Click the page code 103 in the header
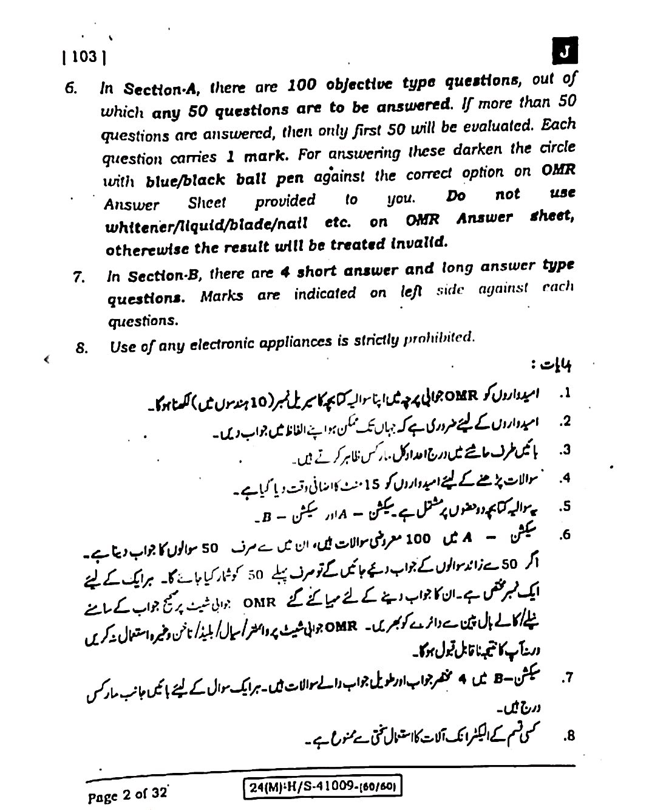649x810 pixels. tap(84, 57)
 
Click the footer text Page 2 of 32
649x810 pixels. tap(127, 795)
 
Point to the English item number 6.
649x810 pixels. tap(71, 89)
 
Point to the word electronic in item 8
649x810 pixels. tap(224, 345)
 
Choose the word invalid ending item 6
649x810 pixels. tap(419, 244)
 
